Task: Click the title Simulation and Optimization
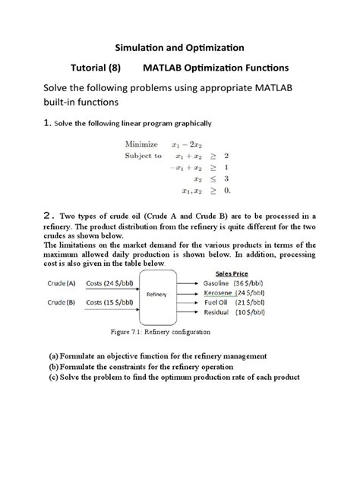(179, 48)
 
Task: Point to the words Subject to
(144, 156)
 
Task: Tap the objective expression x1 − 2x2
(187, 144)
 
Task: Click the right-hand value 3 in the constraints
(226, 178)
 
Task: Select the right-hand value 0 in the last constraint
(226, 190)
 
